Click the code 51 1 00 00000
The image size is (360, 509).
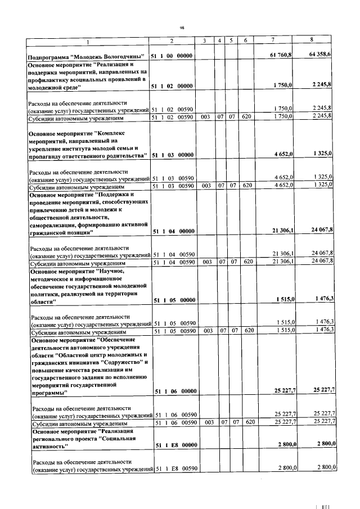(x=172, y=56)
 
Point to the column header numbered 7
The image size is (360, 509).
(x=273, y=40)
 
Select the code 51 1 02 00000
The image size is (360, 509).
(x=172, y=85)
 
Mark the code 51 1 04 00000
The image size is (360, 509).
(x=172, y=231)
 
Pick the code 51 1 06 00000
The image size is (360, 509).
(x=172, y=390)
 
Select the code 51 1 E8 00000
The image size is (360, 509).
(x=172, y=444)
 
